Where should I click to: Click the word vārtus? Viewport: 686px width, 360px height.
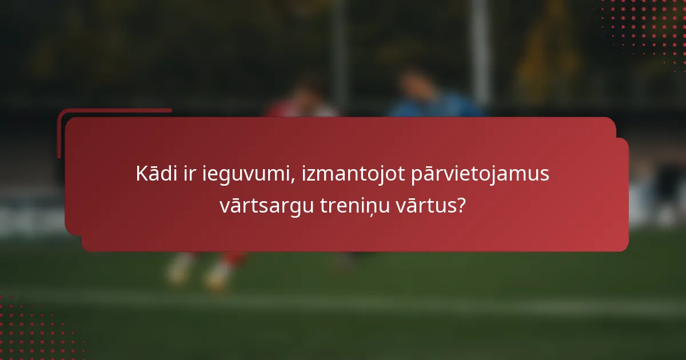[430, 205]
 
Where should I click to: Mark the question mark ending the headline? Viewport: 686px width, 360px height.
[461, 205]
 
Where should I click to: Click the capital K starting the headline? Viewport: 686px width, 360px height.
[141, 174]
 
